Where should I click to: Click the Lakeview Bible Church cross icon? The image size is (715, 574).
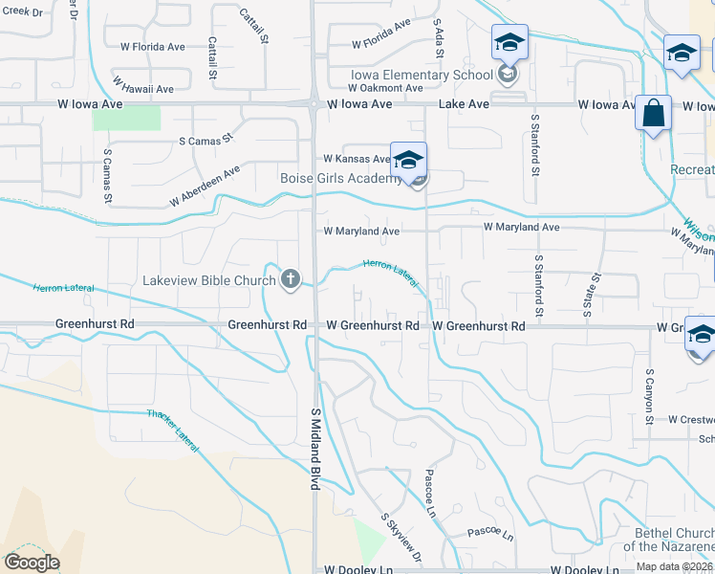point(291,280)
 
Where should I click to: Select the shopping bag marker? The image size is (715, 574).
point(653,115)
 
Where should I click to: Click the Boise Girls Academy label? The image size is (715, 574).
point(341,179)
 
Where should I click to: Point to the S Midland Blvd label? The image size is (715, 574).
point(314,449)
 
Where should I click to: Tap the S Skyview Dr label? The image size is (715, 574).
point(401,535)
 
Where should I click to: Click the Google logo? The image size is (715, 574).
point(32,563)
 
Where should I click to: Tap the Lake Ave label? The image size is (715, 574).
point(464,104)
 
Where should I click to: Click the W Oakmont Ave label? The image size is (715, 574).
point(372,88)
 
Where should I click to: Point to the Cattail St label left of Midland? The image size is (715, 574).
point(210,58)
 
